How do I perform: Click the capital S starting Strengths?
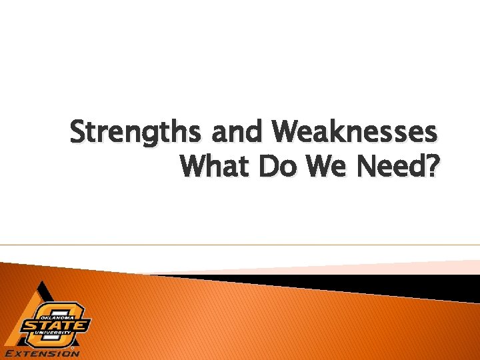click(x=79, y=133)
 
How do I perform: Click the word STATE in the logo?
click(x=55, y=325)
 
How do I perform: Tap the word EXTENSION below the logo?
click(x=42, y=353)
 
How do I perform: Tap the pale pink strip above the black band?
click(x=400, y=267)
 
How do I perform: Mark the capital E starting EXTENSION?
click(x=9, y=353)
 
